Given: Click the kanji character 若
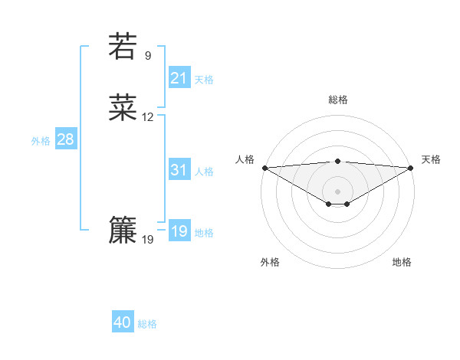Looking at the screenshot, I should tap(123, 46).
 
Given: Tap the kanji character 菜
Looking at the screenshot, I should tap(123, 108).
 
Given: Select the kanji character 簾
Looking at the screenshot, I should tap(123, 230).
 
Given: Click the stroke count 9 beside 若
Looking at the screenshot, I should tap(148, 55).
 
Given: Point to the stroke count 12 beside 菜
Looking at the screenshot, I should tap(148, 117).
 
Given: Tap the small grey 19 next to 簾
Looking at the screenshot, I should tap(148, 240).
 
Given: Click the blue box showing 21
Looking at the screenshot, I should tap(179, 78).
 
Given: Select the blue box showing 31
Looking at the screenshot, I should tap(179, 171).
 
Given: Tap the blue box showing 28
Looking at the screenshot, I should tap(65, 139).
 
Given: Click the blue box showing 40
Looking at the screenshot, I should tap(123, 323).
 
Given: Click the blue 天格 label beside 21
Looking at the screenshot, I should tap(204, 80).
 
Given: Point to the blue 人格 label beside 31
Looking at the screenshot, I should tap(204, 172).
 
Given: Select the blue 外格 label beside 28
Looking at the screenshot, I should tap(41, 141).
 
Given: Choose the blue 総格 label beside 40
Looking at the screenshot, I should tap(147, 324).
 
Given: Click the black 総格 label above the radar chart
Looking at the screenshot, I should tap(337, 100).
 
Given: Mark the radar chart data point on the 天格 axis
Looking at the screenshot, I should tap(412, 168).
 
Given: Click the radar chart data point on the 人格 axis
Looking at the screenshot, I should tap(264, 168).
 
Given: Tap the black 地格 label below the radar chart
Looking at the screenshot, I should tap(402, 262).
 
